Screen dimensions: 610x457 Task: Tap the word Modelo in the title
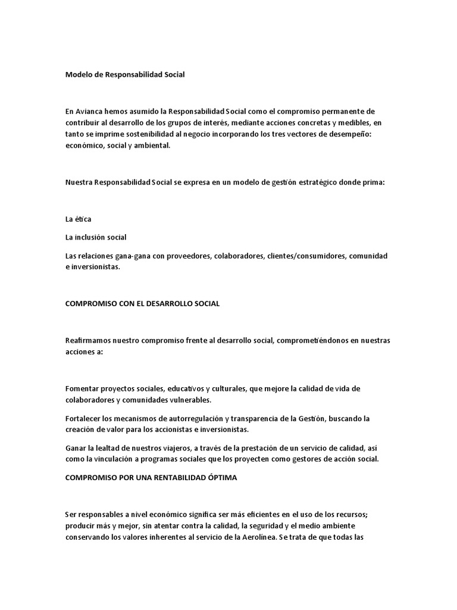pyautogui.click(x=79, y=75)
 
